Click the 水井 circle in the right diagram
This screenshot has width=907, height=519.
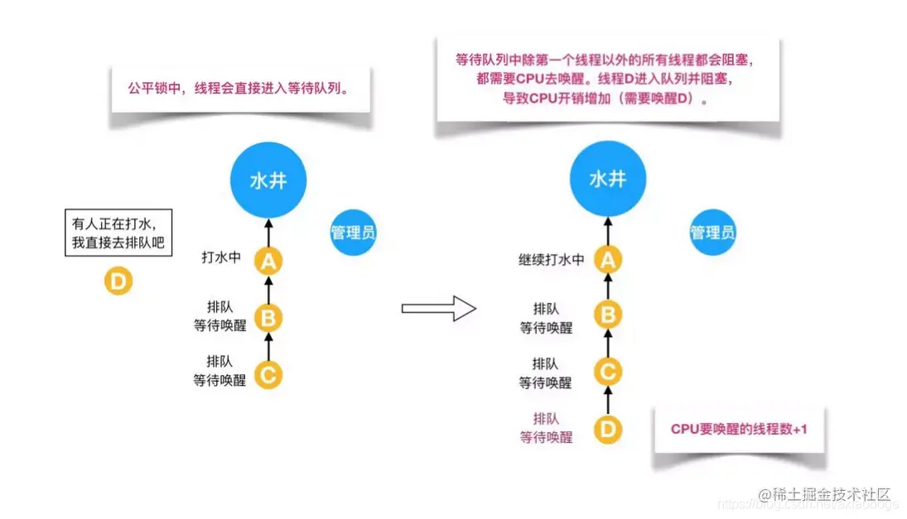pyautogui.click(x=607, y=180)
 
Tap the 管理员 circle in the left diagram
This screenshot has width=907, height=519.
pyautogui.click(x=353, y=232)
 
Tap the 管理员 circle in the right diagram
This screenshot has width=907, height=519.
pyautogui.click(x=712, y=232)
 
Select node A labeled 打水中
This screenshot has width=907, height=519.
pyautogui.click(x=268, y=262)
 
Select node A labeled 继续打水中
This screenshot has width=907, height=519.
pyautogui.click(x=609, y=261)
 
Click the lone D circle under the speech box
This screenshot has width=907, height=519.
pyautogui.click(x=118, y=281)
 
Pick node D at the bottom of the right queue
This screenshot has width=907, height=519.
pyautogui.click(x=608, y=429)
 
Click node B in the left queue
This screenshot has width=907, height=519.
pyautogui.click(x=268, y=317)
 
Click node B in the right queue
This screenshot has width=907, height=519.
pyautogui.click(x=609, y=315)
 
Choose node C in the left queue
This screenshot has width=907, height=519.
pyautogui.click(x=268, y=374)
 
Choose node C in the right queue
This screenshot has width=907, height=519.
pyautogui.click(x=609, y=372)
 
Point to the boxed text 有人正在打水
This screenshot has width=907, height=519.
pyautogui.click(x=118, y=233)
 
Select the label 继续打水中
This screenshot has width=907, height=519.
pyautogui.click(x=552, y=260)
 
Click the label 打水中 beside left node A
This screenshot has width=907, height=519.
pyautogui.click(x=221, y=257)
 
